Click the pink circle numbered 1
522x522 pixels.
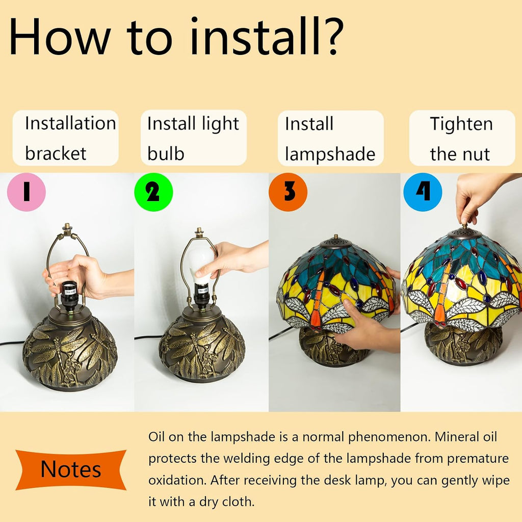tap(27, 192)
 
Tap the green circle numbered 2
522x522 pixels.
tap(153, 192)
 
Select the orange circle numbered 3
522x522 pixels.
tap(288, 192)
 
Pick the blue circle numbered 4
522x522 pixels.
tap(423, 192)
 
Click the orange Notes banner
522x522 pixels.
tap(71, 469)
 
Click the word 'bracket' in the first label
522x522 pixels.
tap(56, 153)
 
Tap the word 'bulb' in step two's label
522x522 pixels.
tap(166, 153)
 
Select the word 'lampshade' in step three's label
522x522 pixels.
tap(330, 154)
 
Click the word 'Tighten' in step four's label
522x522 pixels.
tap(461, 124)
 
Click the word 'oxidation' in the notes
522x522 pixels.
tap(177, 480)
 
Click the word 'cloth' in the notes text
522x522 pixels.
tap(238, 502)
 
